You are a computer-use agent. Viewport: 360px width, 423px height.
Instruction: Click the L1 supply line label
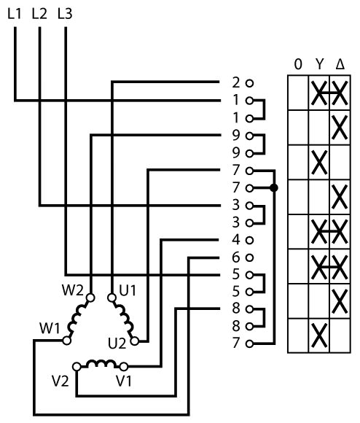click(x=15, y=13)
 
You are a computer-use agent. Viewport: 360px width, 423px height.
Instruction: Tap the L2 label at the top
click(x=39, y=13)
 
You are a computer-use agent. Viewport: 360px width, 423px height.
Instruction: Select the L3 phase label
click(x=65, y=13)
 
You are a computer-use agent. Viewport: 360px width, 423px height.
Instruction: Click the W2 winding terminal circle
click(x=90, y=298)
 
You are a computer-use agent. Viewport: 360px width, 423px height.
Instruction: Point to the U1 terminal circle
click(x=111, y=298)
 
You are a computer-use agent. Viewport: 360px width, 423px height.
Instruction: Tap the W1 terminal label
click(x=50, y=328)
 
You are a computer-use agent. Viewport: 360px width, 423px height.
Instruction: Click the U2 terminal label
click(x=117, y=344)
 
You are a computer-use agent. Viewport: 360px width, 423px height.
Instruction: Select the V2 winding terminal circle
click(x=77, y=367)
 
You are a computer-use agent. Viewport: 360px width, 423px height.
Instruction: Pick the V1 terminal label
click(x=124, y=381)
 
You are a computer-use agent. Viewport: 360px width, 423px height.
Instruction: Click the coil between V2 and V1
click(x=101, y=363)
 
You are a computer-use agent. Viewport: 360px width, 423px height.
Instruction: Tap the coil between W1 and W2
click(x=77, y=319)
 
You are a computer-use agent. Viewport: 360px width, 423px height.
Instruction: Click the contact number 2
click(x=236, y=82)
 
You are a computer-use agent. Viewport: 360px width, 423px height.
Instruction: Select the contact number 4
click(x=236, y=240)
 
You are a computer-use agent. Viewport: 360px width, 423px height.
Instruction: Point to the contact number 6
click(x=236, y=257)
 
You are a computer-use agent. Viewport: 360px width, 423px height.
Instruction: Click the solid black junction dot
click(x=274, y=188)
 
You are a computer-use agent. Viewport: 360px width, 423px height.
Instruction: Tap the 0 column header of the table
click(x=298, y=64)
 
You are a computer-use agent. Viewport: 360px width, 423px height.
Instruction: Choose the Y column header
click(x=319, y=64)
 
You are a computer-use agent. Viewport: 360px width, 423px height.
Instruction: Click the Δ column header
click(x=340, y=64)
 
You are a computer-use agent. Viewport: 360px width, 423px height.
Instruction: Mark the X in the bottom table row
click(x=319, y=336)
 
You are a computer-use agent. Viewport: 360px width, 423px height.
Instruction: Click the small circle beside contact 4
click(x=250, y=240)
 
